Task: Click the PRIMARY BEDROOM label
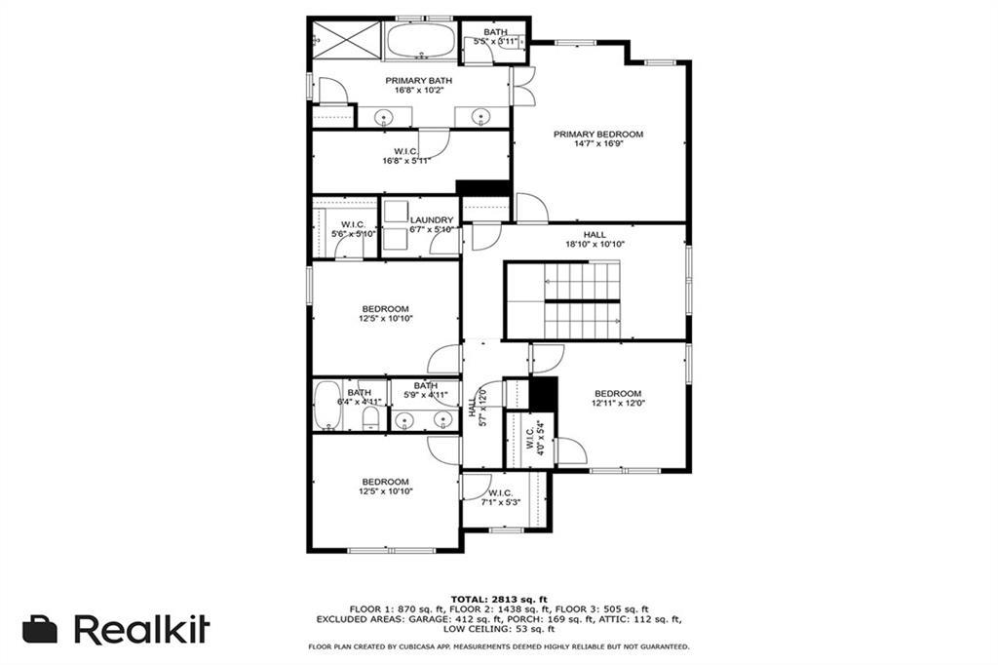(597, 135)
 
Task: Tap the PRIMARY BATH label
(419, 81)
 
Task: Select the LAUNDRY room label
(432, 219)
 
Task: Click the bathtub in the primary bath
(421, 41)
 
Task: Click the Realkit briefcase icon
(40, 629)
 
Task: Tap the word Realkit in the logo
(142, 629)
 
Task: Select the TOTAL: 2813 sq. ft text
(499, 599)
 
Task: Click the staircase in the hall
(582, 300)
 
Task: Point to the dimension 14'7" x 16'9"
(598, 144)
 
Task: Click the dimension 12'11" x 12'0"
(618, 404)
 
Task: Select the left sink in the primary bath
(384, 117)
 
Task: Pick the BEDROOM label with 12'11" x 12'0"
(618, 394)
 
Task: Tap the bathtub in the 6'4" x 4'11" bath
(327, 406)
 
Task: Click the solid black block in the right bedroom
(544, 394)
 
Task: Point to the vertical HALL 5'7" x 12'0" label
(477, 408)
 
